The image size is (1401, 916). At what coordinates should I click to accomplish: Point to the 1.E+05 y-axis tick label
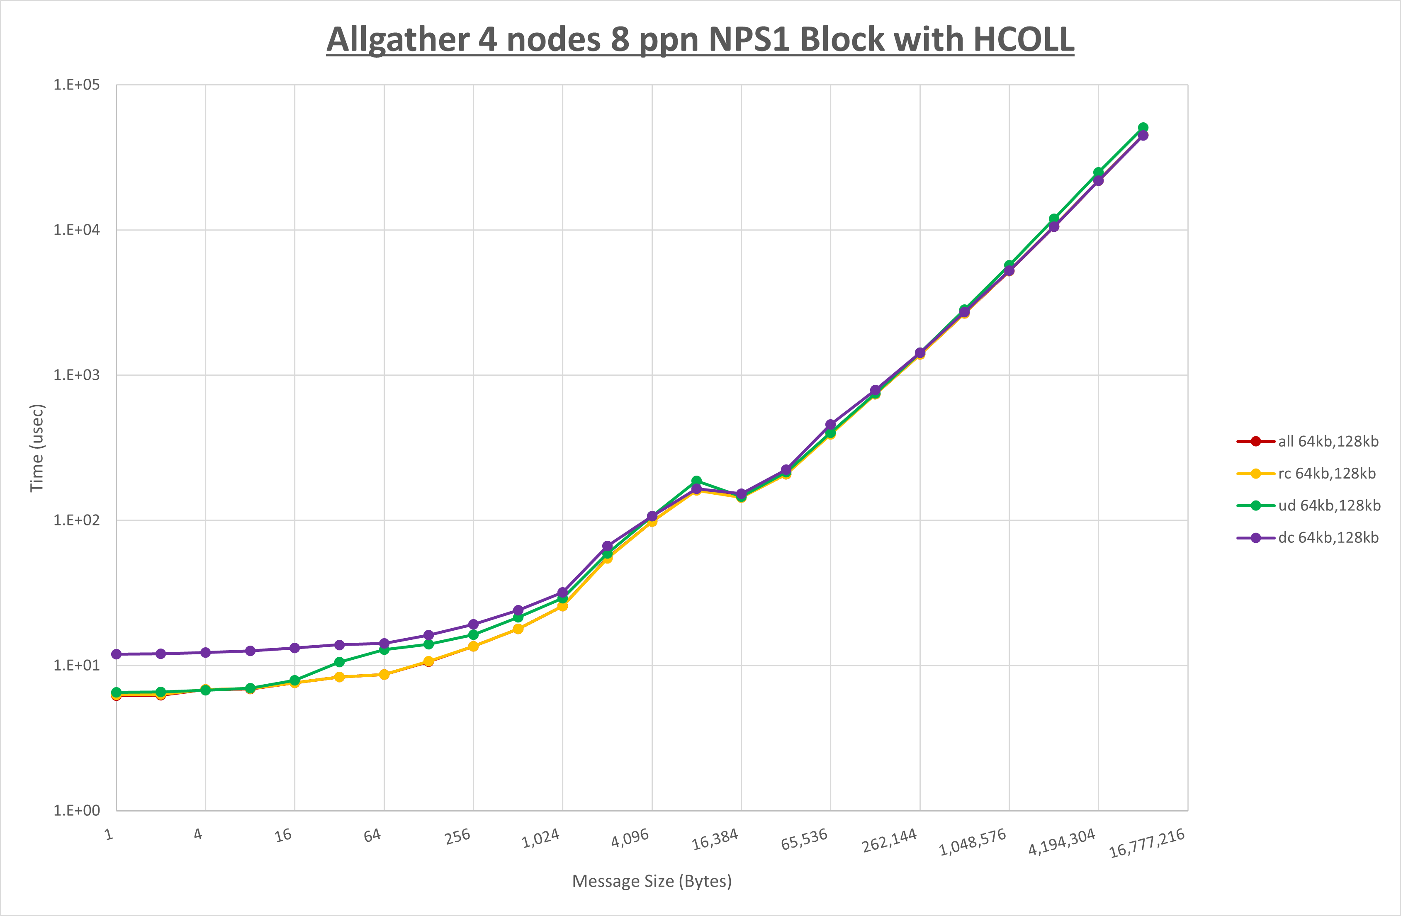[77, 85]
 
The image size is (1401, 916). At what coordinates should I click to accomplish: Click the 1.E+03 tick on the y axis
[77, 375]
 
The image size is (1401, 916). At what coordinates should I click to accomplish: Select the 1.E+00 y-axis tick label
[77, 811]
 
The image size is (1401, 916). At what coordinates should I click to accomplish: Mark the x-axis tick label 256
[457, 836]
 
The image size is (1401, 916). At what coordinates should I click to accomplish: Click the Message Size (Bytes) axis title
[652, 881]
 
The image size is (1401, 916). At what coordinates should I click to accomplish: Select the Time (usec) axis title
[37, 447]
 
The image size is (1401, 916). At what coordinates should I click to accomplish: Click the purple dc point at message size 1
[117, 654]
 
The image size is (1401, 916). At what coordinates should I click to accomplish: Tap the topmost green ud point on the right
[1143, 128]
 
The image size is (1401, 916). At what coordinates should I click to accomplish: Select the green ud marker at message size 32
[340, 662]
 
